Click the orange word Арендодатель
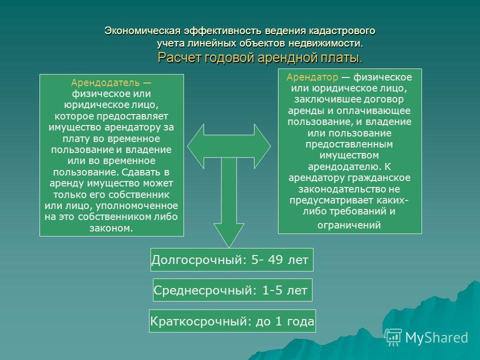click(x=105, y=82)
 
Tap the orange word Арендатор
click(x=312, y=77)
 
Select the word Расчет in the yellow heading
click(x=178, y=57)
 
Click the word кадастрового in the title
click(x=342, y=31)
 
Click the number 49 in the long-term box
click(x=275, y=259)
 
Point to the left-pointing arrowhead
click(x=195, y=146)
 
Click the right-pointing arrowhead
click(x=262, y=146)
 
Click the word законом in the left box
click(x=111, y=228)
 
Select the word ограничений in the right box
click(x=349, y=225)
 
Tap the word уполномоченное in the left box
click(x=137, y=206)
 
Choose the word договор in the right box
click(x=384, y=99)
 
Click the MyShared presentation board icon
click(x=393, y=337)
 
